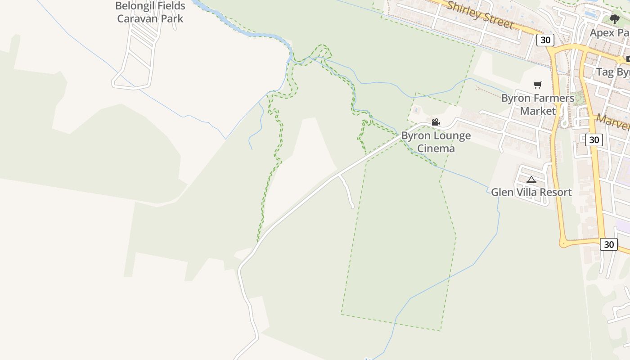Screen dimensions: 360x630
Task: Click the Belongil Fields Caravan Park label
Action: point(150,12)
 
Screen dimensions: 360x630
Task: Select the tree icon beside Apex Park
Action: point(615,19)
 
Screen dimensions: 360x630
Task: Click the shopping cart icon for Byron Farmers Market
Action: point(537,85)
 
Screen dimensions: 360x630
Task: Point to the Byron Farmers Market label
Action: point(538,104)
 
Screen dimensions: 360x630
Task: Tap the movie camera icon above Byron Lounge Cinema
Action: point(436,122)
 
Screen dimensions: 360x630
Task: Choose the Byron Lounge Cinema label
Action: point(436,142)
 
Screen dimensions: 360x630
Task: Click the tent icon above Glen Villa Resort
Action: point(531,180)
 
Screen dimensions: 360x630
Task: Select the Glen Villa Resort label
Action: point(531,192)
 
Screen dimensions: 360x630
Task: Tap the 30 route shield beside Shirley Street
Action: point(545,40)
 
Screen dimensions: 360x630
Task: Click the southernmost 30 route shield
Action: point(608,244)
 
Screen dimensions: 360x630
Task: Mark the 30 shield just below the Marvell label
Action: point(594,140)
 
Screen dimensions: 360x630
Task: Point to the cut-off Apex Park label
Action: point(609,33)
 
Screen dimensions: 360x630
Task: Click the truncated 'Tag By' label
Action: point(612,72)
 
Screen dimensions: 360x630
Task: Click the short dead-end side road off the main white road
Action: point(347,191)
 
